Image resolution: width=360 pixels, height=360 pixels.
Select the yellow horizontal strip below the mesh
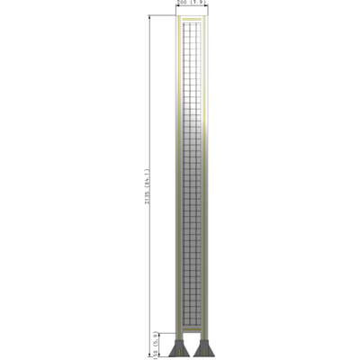coord(191,328)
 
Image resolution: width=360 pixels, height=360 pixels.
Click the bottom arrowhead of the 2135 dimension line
coord(151,355)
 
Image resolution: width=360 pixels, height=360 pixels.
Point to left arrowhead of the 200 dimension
coord(176,9)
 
